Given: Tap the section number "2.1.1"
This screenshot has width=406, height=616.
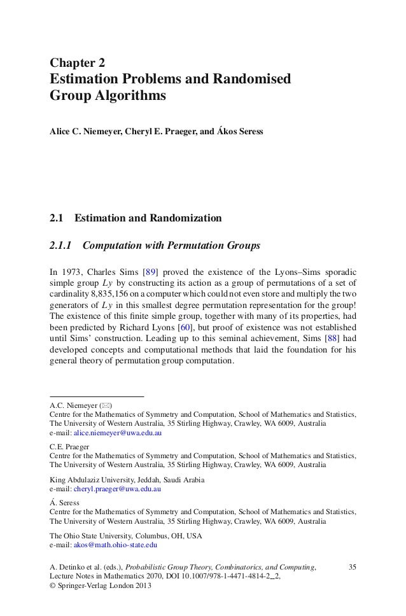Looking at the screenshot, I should tap(62, 245).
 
